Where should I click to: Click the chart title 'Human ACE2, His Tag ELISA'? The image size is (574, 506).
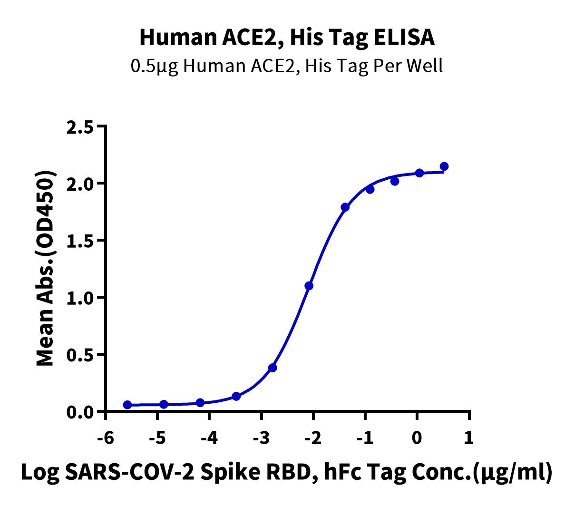pyautogui.click(x=287, y=38)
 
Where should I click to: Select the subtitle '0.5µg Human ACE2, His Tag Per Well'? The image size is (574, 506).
pyautogui.click(x=287, y=66)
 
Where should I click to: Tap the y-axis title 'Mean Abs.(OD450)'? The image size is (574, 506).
pyautogui.click(x=45, y=268)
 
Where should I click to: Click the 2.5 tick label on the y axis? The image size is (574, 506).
pyautogui.click(x=79, y=127)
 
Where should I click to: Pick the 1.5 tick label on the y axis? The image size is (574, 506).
pyautogui.click(x=79, y=241)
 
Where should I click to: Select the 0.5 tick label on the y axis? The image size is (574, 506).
pyautogui.click(x=79, y=355)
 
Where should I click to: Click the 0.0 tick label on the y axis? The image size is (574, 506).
pyautogui.click(x=79, y=412)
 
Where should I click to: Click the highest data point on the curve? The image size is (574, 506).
pyautogui.click(x=444, y=166)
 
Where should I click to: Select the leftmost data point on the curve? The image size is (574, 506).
pyautogui.click(x=127, y=405)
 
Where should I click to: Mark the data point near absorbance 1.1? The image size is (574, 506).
pyautogui.click(x=309, y=286)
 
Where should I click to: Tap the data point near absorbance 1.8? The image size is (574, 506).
pyautogui.click(x=345, y=207)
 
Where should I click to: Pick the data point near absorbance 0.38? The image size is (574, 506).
pyautogui.click(x=272, y=368)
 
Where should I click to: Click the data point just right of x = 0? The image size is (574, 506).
pyautogui.click(x=419, y=173)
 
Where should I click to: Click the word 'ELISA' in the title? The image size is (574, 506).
pyautogui.click(x=404, y=38)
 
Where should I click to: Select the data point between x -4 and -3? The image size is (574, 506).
pyautogui.click(x=236, y=396)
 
